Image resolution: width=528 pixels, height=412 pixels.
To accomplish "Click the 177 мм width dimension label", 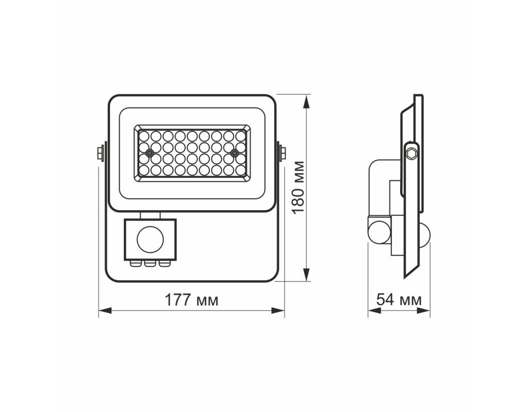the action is (191, 300).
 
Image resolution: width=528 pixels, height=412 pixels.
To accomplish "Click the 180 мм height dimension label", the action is (298, 187).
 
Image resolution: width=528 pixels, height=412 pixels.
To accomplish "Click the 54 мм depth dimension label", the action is (399, 299).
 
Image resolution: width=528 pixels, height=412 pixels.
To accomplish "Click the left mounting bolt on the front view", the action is (101, 153).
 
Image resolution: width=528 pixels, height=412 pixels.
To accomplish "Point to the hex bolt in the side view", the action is (412, 153).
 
